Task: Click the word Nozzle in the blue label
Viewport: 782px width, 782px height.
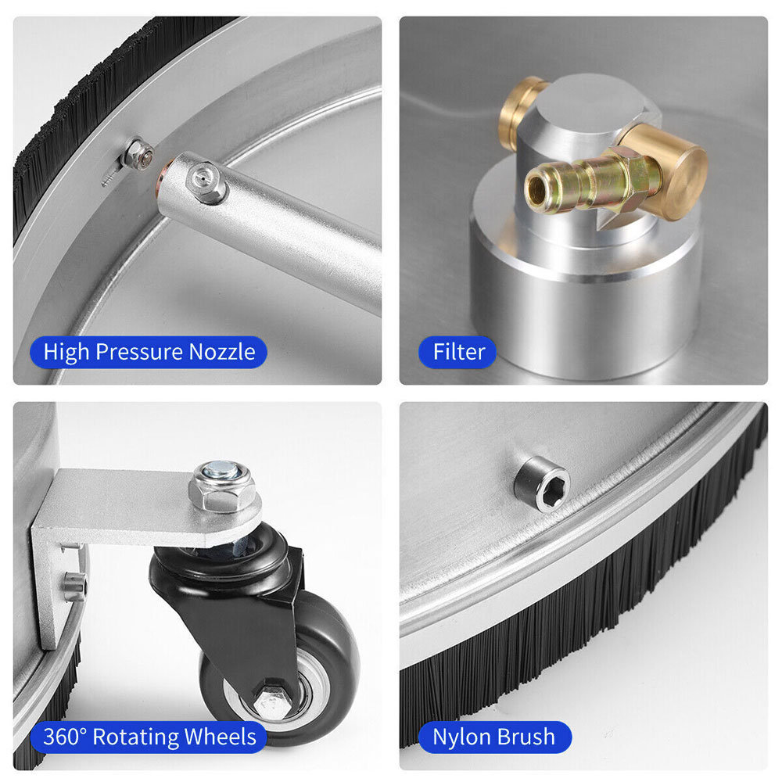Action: click(x=222, y=352)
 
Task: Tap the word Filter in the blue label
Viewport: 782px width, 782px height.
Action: click(x=459, y=352)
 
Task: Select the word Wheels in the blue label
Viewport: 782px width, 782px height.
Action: click(x=221, y=737)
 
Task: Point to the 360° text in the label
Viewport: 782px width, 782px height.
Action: click(x=65, y=737)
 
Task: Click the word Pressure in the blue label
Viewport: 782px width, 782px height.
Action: click(x=139, y=353)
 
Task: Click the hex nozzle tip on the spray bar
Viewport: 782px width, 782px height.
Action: click(x=204, y=182)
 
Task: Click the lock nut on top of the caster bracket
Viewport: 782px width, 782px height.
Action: click(x=221, y=486)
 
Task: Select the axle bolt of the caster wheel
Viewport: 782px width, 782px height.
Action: click(x=272, y=701)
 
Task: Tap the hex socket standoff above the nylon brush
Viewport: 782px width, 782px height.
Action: click(x=543, y=484)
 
